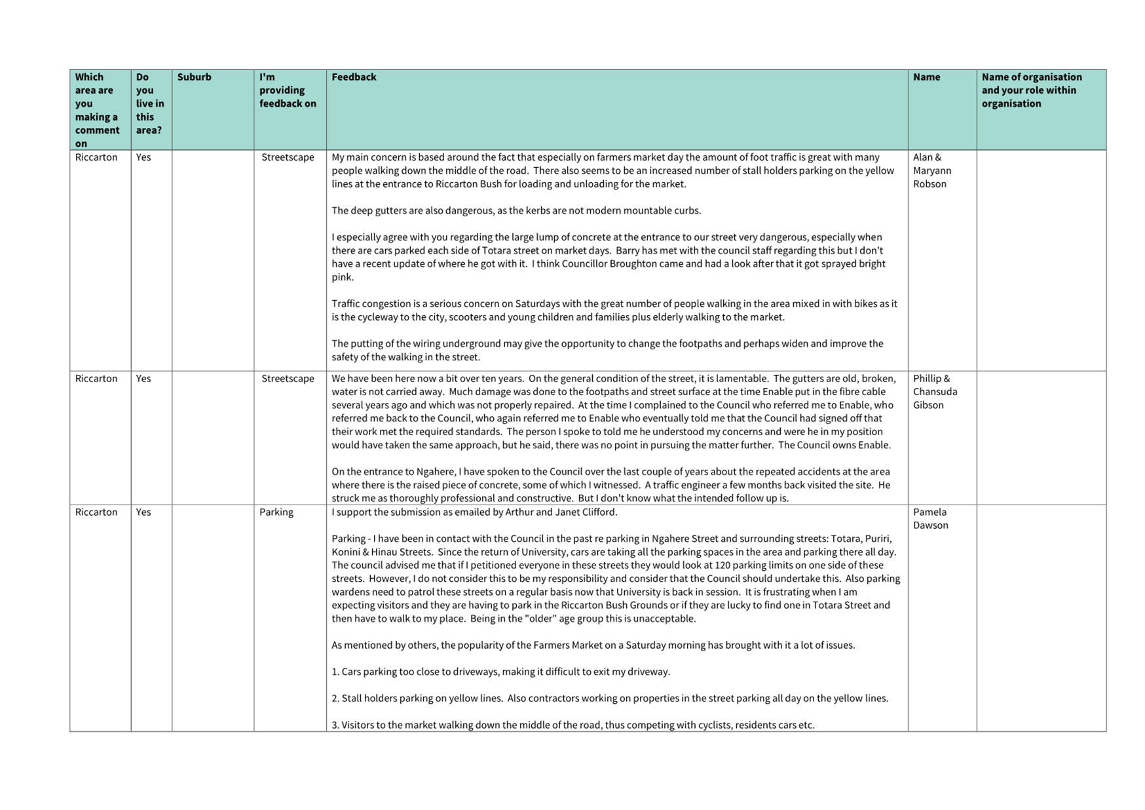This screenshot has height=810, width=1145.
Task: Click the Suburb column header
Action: point(194,77)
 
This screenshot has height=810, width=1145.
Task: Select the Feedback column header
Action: point(354,77)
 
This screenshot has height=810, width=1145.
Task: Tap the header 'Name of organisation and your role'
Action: point(1031,90)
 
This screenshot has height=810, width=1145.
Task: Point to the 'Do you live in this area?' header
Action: point(150,104)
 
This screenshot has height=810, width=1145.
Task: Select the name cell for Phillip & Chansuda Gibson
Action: point(935,392)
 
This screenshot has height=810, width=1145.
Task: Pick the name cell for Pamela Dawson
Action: point(930,518)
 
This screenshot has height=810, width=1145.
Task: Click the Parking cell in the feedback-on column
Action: point(276,512)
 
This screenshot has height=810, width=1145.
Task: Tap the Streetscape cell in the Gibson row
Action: point(288,379)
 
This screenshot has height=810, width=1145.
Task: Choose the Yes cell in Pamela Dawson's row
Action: point(143,512)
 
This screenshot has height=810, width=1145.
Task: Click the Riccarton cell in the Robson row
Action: point(96,157)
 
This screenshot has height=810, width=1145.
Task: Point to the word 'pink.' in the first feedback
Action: point(343,277)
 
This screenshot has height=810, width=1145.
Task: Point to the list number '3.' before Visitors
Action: point(335,725)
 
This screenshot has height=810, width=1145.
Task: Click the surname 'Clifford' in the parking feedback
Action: point(596,512)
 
